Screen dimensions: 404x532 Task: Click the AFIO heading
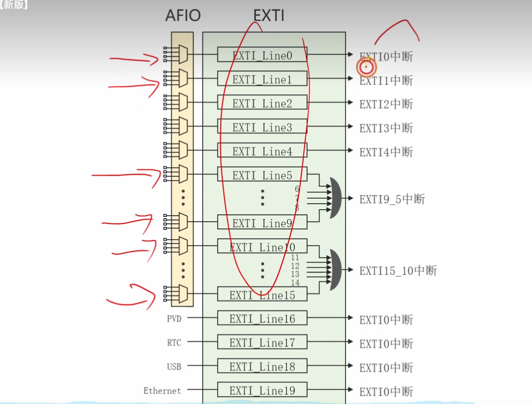point(183,16)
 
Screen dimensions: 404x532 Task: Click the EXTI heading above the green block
point(269,16)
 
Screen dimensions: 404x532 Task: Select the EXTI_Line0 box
point(262,55)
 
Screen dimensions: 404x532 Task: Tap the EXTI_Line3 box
point(262,127)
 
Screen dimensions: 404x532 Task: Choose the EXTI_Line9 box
point(262,223)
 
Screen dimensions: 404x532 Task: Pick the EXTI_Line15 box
point(262,295)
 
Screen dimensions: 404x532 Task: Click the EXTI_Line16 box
point(262,319)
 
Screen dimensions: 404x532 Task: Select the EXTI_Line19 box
point(262,390)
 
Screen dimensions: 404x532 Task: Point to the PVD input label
point(174,319)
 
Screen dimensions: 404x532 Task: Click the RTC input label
point(174,343)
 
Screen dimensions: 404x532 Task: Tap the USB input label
point(174,367)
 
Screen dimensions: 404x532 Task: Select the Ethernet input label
point(162,391)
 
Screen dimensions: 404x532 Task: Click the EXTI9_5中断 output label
point(392,199)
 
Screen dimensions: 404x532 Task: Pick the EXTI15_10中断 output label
point(398,270)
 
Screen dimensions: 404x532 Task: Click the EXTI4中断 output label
point(386,151)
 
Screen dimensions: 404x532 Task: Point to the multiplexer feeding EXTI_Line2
point(183,103)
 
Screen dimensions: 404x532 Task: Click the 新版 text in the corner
point(14,5)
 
